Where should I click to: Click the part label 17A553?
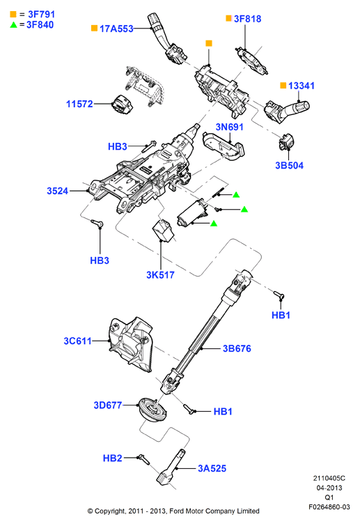click(116, 29)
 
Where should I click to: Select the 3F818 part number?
click(247, 19)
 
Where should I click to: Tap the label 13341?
click(302, 86)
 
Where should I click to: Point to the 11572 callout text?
click(79, 104)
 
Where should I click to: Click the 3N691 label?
click(229, 127)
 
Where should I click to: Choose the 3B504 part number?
click(289, 165)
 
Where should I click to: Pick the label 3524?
click(57, 191)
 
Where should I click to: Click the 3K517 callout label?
click(160, 275)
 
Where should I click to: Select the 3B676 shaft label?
click(237, 348)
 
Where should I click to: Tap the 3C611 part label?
click(77, 341)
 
